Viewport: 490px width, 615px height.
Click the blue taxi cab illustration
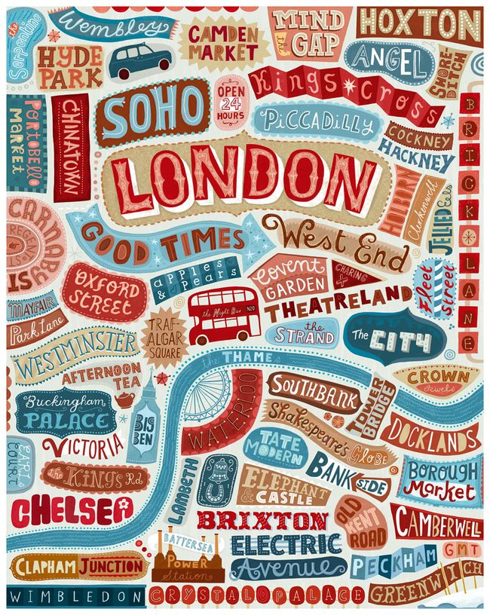pos(140,60)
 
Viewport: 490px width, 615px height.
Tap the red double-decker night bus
pos(218,315)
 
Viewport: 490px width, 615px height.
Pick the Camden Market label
pos(223,42)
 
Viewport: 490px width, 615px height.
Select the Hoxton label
pos(418,23)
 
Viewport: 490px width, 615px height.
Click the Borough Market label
pos(442,480)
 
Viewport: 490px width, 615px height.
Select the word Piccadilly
pos(313,123)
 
